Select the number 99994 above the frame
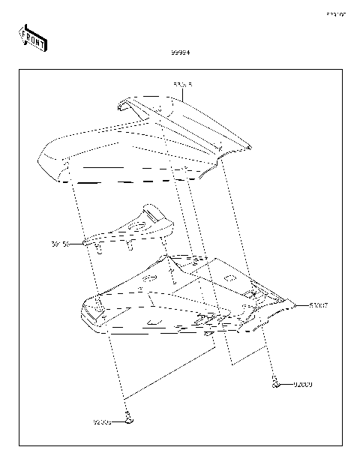click(180, 52)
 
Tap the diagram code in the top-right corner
click(335, 14)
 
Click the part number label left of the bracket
click(60, 244)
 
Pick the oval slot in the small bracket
click(137, 224)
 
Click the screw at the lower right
click(276, 385)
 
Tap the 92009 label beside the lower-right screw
click(302, 385)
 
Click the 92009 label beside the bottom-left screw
click(102, 421)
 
